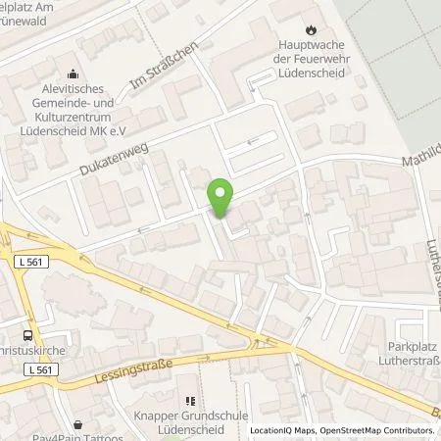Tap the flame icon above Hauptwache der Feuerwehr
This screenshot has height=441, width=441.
pos(312,29)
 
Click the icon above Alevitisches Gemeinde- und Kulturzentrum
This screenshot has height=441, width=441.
pos(72,72)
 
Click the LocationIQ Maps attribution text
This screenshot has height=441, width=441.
pos(283,431)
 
